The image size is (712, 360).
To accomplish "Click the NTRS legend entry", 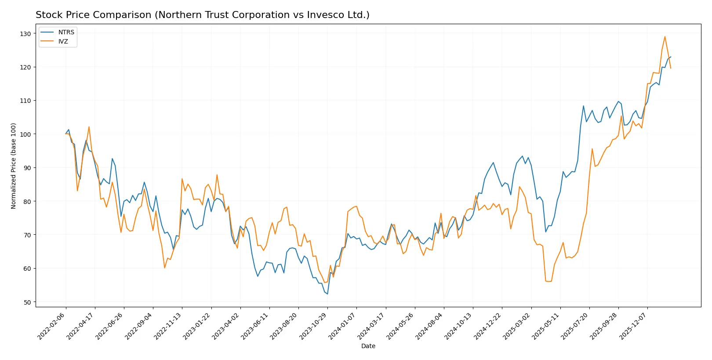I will click(x=66, y=32).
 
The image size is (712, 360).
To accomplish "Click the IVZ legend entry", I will click(x=63, y=41).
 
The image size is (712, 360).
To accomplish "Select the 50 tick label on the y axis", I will click(x=27, y=302).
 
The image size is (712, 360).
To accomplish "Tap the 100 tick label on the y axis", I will click(x=25, y=135).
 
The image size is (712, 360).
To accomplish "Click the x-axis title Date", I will click(x=368, y=346).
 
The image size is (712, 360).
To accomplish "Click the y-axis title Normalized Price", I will click(x=14, y=166).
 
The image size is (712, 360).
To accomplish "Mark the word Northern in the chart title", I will click(x=177, y=15).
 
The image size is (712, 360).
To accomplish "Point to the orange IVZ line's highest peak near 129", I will click(x=665, y=37).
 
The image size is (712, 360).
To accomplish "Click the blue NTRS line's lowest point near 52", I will click(x=327, y=294).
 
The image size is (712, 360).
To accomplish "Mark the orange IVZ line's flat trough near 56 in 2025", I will click(x=548, y=281).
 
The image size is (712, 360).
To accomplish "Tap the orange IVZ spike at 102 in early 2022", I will click(x=89, y=127).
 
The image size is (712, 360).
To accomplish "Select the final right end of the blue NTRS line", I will click(x=671, y=57).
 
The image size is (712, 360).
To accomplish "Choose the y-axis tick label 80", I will click(x=27, y=202).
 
